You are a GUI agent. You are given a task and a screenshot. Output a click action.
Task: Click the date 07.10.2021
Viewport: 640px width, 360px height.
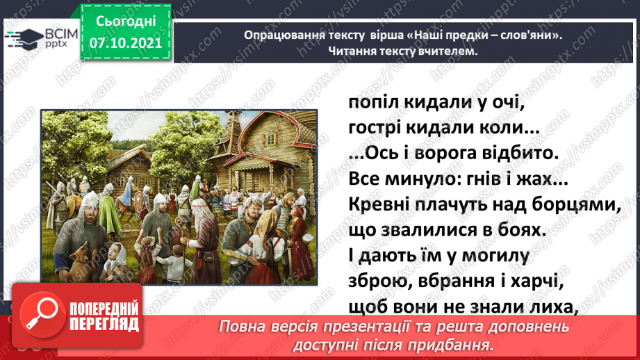tap(126, 43)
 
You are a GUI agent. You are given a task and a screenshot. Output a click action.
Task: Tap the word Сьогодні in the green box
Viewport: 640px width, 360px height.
tap(126, 22)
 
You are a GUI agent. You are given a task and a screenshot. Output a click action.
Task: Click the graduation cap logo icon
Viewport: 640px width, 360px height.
tap(24, 39)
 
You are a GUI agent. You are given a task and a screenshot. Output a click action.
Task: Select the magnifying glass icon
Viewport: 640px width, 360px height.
tap(42, 315)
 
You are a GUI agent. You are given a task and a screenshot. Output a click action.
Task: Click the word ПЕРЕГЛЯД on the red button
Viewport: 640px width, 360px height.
tap(104, 325)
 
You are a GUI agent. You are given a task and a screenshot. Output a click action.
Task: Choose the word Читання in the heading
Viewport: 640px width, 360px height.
tap(352, 51)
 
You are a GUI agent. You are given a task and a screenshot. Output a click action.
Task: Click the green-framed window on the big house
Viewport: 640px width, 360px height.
tap(270, 140)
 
